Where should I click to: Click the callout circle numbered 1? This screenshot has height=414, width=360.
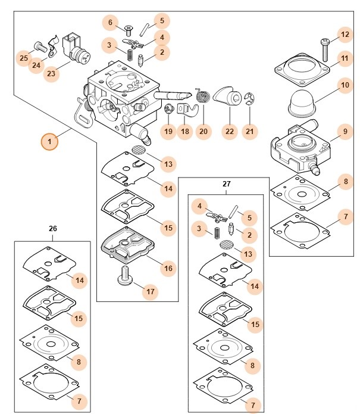click(49, 142)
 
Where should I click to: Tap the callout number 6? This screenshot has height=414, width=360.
click(109, 23)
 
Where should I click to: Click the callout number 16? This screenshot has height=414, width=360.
click(168, 269)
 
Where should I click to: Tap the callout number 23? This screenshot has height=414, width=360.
click(51, 74)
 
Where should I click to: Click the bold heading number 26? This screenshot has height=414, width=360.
click(53, 228)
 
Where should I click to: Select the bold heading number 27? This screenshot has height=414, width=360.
click(226, 184)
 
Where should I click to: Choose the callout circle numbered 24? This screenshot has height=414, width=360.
click(37, 64)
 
